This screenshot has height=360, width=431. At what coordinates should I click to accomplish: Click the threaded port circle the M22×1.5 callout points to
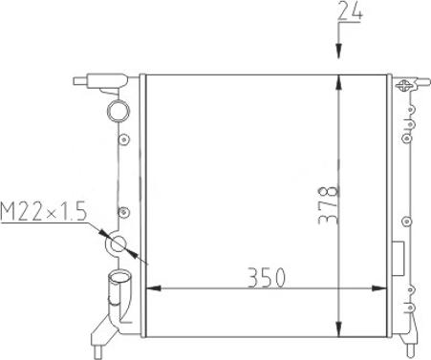[119, 245]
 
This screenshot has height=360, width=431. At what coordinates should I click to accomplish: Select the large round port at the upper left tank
[118, 111]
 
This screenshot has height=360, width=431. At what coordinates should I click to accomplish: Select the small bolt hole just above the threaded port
[121, 212]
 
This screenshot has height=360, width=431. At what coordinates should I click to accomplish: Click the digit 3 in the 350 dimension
[253, 278]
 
